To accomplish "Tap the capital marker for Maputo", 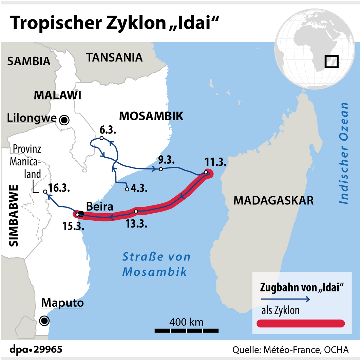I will [44, 320].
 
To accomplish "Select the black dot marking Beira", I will [81, 214].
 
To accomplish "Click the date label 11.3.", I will [216, 162].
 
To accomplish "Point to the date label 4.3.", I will [137, 188].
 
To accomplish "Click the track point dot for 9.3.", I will [161, 169].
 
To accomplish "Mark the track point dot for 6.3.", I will [101, 138].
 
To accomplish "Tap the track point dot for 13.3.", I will [136, 212].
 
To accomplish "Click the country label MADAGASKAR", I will [273, 200].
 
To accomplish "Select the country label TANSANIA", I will [114, 57].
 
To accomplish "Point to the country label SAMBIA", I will [29, 61].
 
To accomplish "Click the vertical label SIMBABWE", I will [13, 215].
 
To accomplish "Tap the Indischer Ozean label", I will [344, 153].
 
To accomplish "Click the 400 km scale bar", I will [186, 330].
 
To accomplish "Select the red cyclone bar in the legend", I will [301, 323].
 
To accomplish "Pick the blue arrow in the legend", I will [285, 299].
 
